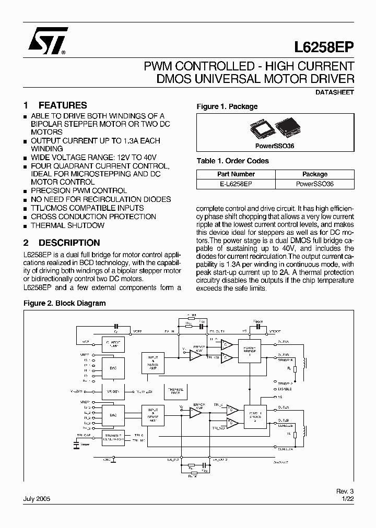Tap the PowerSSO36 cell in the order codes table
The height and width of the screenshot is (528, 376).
[x=315, y=184]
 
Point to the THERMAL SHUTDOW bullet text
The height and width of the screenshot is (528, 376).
[x=67, y=225]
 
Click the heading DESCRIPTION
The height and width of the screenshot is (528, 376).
[x=69, y=243]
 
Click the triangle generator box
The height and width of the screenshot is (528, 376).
[x=112, y=437]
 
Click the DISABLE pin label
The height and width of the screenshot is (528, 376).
[x=285, y=388]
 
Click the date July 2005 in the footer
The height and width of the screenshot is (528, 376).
[x=36, y=499]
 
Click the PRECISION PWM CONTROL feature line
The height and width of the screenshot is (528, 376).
[x=78, y=191]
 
